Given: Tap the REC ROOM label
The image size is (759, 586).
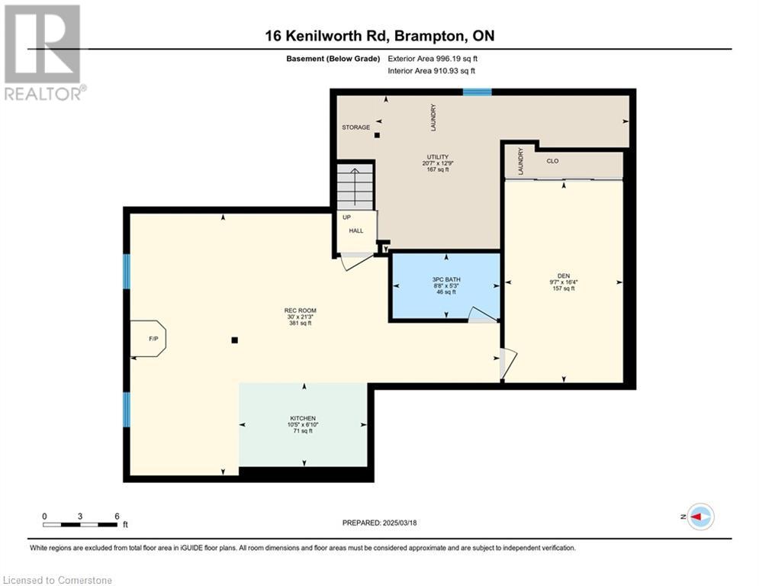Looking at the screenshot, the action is point(300,311).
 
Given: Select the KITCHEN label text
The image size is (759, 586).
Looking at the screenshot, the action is point(303,418).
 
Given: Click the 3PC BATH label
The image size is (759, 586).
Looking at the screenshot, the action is point(446,279).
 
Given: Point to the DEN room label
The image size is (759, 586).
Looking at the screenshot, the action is point(564,275).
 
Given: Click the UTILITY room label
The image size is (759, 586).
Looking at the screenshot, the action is point(438,157).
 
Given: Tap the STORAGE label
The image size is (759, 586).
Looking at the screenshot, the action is point(355,127).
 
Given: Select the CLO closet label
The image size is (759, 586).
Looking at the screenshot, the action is point(552,161).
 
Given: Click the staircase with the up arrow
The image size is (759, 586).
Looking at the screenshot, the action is point(355,187).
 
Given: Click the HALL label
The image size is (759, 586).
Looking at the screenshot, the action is point(356,230).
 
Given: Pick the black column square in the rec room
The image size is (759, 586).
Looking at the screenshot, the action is point(235,340).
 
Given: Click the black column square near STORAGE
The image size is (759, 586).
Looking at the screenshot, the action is point(377,135).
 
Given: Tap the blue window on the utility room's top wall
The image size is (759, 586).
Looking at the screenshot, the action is point(478,92).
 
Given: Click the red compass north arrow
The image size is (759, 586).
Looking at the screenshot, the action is point(696,517).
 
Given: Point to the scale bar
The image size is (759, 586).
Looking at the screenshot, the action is point(80,524).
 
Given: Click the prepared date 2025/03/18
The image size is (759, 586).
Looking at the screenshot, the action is point(400,523).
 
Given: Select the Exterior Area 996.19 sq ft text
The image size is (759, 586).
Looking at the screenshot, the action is point(433,59).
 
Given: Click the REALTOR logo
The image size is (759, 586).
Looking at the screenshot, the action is point(43,52).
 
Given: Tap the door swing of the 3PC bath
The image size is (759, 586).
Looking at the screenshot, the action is point(484,314).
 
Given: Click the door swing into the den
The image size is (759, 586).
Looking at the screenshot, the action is point(508,363).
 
